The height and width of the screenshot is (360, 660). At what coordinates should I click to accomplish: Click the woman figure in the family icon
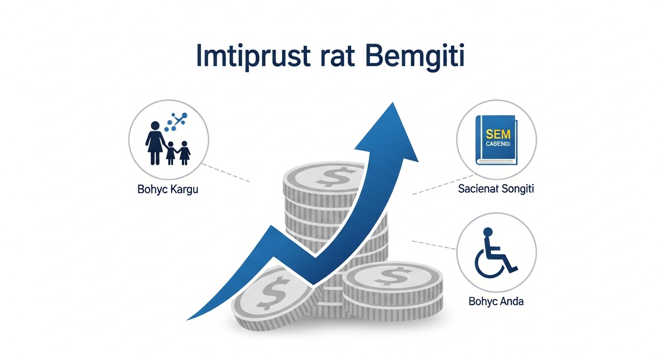click(x=154, y=141)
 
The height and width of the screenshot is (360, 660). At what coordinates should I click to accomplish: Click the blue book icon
click(x=496, y=140)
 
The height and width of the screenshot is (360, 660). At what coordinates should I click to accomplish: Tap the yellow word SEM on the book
click(x=498, y=133)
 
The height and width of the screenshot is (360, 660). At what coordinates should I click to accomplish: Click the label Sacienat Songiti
click(x=496, y=189)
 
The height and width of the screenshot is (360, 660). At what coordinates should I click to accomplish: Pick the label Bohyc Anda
click(x=496, y=301)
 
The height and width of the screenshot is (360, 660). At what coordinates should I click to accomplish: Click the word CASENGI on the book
click(x=498, y=143)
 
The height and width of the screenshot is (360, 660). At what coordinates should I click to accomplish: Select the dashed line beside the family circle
click(x=227, y=173)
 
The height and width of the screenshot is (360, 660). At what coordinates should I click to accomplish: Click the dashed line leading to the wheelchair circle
click(x=434, y=245)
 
